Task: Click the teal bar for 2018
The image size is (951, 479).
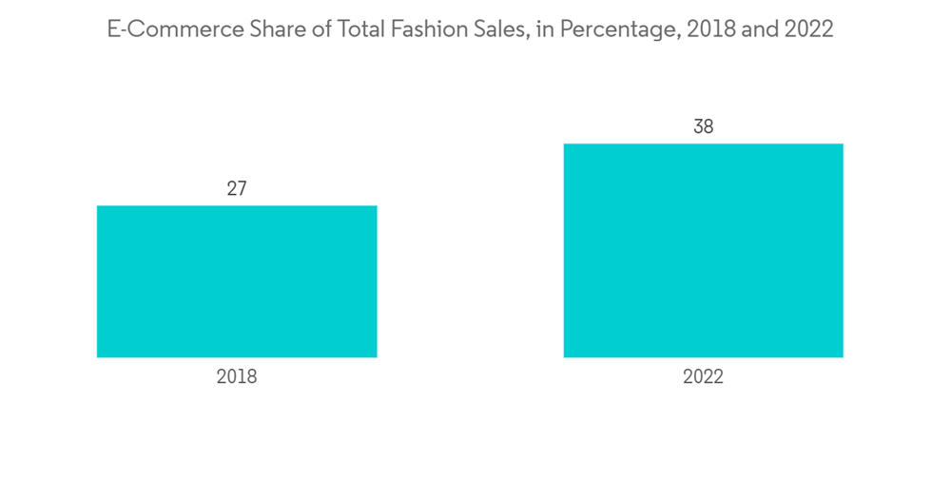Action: (x=237, y=281)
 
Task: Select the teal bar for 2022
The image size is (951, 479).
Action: (x=703, y=250)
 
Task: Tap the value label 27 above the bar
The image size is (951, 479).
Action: (x=237, y=188)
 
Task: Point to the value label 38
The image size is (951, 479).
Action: (x=703, y=126)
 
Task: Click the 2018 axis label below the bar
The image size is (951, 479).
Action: (x=237, y=377)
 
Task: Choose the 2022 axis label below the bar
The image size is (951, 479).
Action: (x=703, y=377)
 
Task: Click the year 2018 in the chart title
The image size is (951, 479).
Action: (x=693, y=29)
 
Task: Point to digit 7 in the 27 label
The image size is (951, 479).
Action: (x=243, y=188)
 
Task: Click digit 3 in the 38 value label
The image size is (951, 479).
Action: (x=697, y=126)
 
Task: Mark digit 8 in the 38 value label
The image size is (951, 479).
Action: (x=708, y=126)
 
